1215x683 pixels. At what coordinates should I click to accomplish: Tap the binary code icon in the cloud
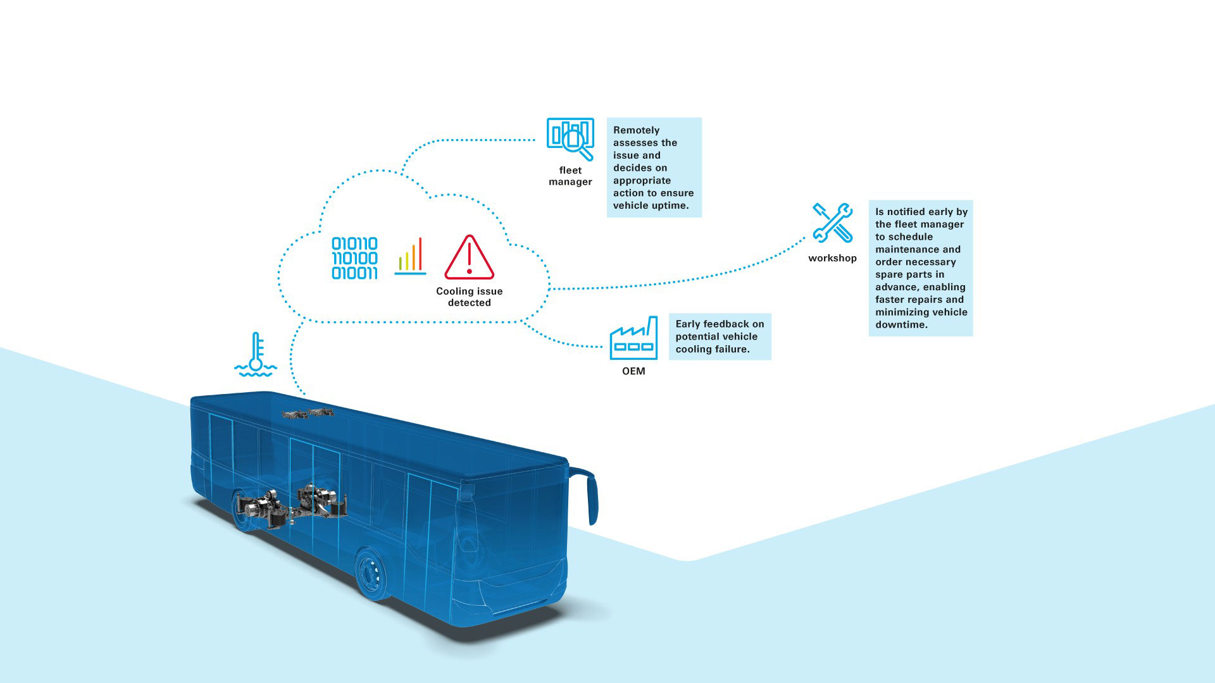[354, 258]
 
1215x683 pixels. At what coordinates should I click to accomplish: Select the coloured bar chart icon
[410, 256]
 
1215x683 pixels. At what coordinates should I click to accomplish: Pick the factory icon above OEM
[633, 338]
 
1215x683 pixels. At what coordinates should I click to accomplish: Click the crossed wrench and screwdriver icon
[832, 223]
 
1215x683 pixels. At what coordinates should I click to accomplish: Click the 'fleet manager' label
[570, 176]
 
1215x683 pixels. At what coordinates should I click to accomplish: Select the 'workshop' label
[832, 258]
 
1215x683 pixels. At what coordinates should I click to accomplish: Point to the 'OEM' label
[633, 371]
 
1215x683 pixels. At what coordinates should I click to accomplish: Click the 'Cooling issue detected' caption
[470, 297]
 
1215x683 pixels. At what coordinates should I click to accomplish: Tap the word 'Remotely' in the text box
[636, 130]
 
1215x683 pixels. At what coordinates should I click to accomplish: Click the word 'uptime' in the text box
[668, 206]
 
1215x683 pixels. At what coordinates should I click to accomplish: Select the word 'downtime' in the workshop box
[900, 324]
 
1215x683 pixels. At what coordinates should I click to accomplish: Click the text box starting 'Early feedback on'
[720, 336]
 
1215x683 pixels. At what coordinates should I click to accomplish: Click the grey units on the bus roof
[308, 414]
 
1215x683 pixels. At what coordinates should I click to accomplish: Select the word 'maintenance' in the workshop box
[918, 249]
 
